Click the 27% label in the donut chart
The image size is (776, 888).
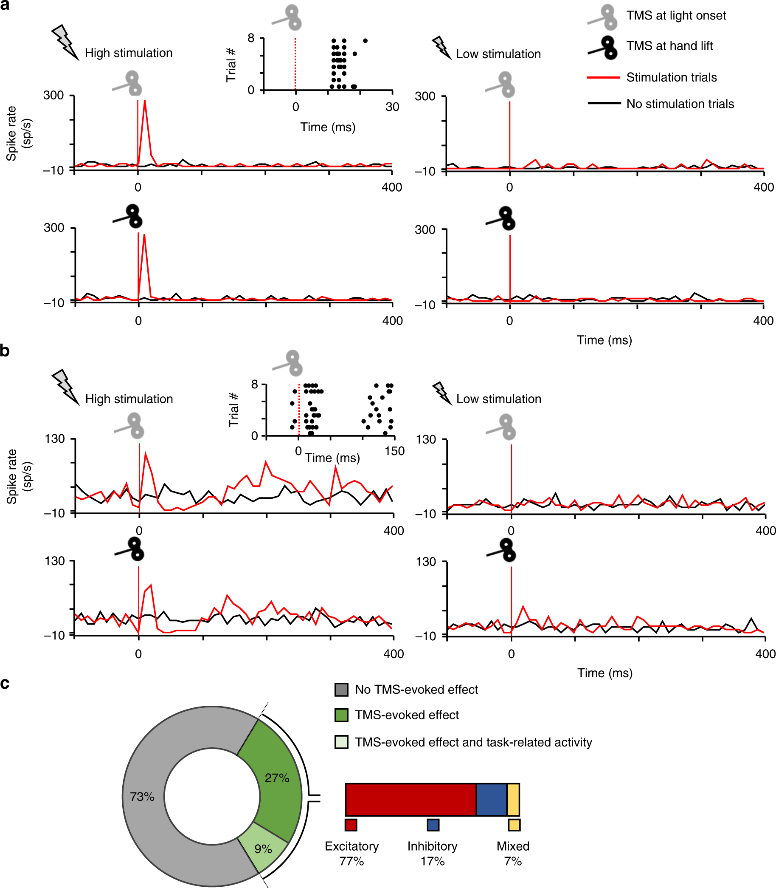(x=277, y=778)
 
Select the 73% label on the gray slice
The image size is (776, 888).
(x=142, y=797)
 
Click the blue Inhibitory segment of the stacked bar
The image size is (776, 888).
(x=492, y=800)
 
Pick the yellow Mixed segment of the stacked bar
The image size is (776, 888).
(x=513, y=800)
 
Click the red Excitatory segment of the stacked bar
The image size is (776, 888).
(x=410, y=800)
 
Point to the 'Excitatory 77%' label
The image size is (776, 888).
(x=351, y=853)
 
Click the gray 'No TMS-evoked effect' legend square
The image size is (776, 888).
(x=341, y=690)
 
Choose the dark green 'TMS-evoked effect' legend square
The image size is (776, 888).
(x=341, y=715)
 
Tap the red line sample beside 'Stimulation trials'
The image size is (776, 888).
(x=603, y=78)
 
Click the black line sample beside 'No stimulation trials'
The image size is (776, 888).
(x=603, y=104)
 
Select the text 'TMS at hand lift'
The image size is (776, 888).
(x=669, y=45)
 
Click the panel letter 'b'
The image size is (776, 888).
(x=5, y=350)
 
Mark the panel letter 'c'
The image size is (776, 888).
(x=5, y=684)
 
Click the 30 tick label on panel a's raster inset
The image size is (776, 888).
(x=392, y=107)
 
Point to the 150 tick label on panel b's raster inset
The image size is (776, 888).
(x=394, y=451)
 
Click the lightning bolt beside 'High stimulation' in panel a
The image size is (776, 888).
(x=65, y=42)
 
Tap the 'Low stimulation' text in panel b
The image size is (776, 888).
(x=498, y=399)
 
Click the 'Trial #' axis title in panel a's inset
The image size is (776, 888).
(x=231, y=65)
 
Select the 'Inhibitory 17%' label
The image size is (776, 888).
(x=432, y=853)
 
